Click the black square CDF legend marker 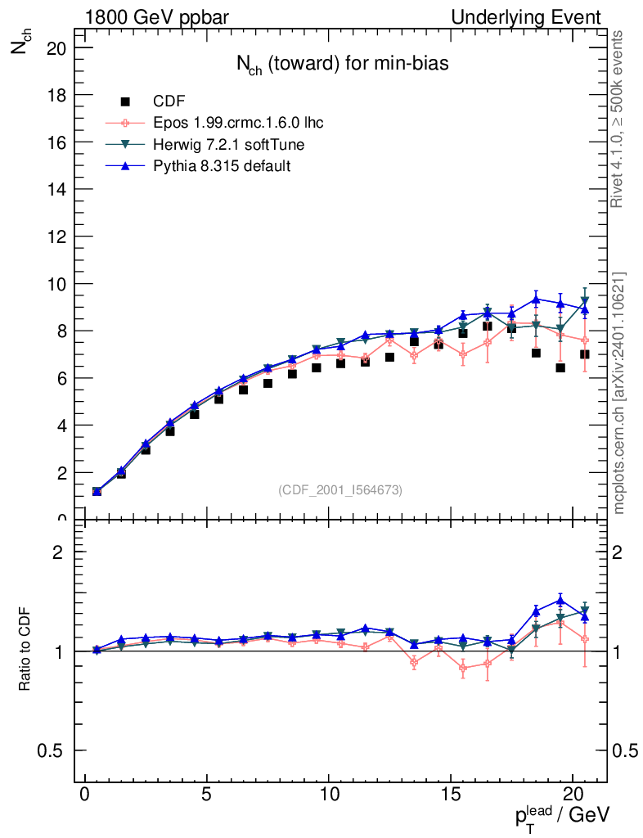[x=125, y=101]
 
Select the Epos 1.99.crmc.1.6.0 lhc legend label [x=238, y=124]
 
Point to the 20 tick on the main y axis [x=57, y=48]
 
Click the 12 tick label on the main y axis [x=57, y=237]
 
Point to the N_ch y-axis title [x=20, y=46]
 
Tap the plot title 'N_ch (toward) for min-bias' [x=342, y=65]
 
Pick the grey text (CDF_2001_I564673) [x=340, y=489]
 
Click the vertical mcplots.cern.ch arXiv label [x=620, y=394]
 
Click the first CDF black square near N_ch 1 [x=97, y=492]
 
